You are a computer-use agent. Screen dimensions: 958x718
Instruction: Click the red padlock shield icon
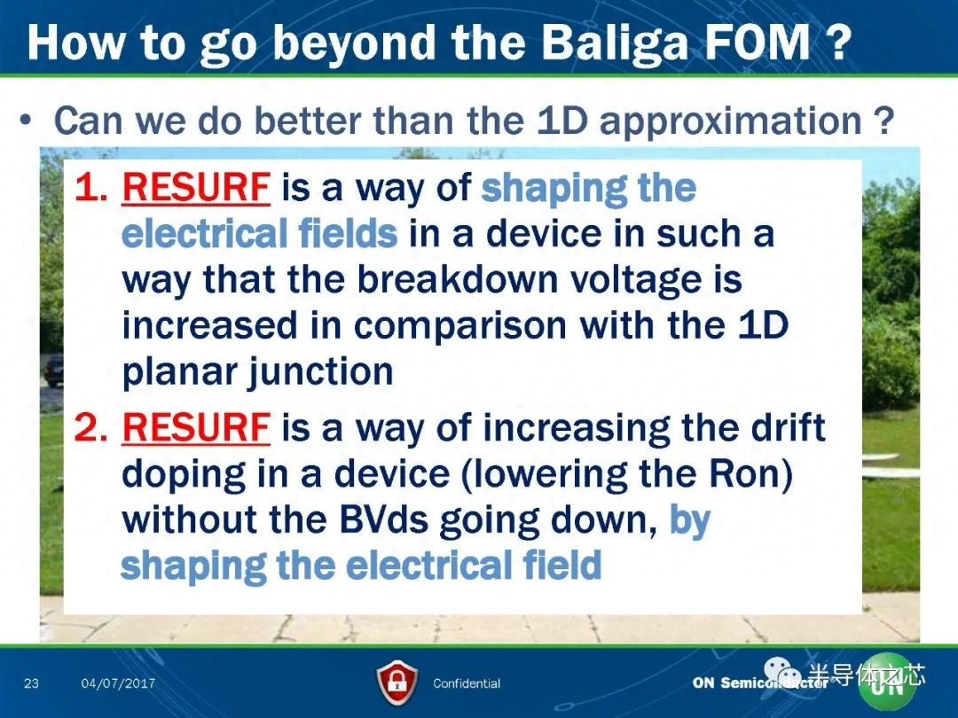click(397, 683)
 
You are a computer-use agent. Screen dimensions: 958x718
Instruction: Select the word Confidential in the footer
click(467, 683)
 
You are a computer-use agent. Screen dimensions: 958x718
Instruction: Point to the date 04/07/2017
click(118, 683)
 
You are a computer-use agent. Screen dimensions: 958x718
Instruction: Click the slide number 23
click(31, 683)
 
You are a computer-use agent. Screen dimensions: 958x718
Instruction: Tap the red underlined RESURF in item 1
click(196, 187)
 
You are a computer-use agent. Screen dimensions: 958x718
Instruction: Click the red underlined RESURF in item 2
click(196, 427)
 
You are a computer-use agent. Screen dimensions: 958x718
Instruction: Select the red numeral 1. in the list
click(91, 187)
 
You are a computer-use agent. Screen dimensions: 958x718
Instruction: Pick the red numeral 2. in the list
click(91, 427)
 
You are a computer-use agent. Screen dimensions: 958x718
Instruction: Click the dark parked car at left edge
click(52, 370)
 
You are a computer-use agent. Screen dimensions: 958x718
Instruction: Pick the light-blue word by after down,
click(690, 521)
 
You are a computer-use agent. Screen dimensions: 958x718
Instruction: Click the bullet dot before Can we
click(26, 121)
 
